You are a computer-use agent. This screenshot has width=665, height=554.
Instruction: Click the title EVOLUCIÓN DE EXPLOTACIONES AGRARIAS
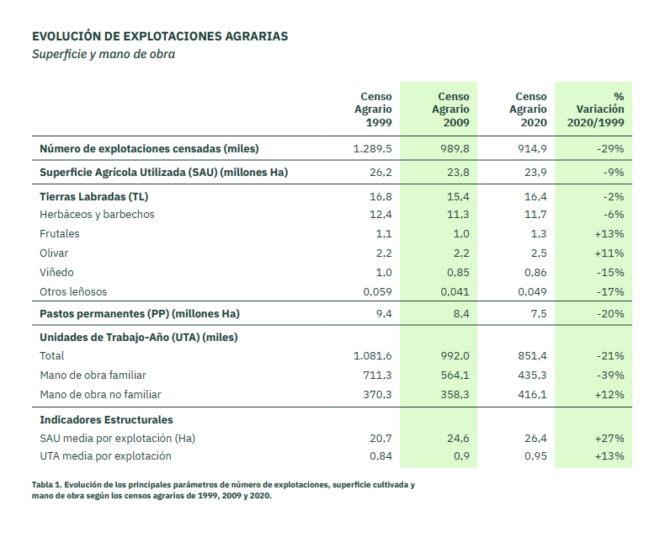pyautogui.click(x=160, y=36)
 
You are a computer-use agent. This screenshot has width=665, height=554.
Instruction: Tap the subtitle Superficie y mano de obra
pyautogui.click(x=104, y=54)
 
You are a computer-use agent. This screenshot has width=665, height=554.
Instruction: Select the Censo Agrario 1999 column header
pyautogui.click(x=373, y=109)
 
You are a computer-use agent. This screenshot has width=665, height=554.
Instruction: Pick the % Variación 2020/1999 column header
pyautogui.click(x=596, y=109)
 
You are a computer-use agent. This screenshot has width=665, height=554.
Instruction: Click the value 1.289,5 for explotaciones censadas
pyautogui.click(x=373, y=149)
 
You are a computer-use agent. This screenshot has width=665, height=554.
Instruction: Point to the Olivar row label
pyautogui.click(x=54, y=253)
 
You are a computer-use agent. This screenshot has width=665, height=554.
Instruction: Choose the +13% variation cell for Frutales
pyautogui.click(x=609, y=234)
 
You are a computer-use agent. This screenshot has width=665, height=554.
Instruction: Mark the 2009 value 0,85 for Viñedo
pyautogui.click(x=458, y=273)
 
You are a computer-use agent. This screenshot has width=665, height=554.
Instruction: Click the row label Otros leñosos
pyautogui.click(x=73, y=292)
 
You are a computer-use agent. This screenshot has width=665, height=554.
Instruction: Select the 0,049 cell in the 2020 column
pyautogui.click(x=532, y=292)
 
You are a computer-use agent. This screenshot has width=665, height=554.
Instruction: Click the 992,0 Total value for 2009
pyautogui.click(x=455, y=356)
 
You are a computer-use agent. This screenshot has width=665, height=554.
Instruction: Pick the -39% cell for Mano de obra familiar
pyautogui.click(x=611, y=376)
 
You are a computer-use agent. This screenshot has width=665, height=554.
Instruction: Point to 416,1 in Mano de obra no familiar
pyautogui.click(x=532, y=395)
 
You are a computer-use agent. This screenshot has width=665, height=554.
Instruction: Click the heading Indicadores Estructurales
pyautogui.click(x=106, y=420)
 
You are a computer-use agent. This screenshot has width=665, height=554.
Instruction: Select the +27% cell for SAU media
pyautogui.click(x=609, y=439)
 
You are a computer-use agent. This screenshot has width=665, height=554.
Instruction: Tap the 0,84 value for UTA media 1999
pyautogui.click(x=380, y=456)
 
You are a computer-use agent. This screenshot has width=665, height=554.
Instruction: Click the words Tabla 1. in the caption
pyautogui.click(x=46, y=485)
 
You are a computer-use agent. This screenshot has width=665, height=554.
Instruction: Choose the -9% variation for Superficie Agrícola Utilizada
pyautogui.click(x=614, y=173)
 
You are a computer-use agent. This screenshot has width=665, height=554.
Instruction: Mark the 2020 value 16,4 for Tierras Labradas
pyautogui.click(x=535, y=197)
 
